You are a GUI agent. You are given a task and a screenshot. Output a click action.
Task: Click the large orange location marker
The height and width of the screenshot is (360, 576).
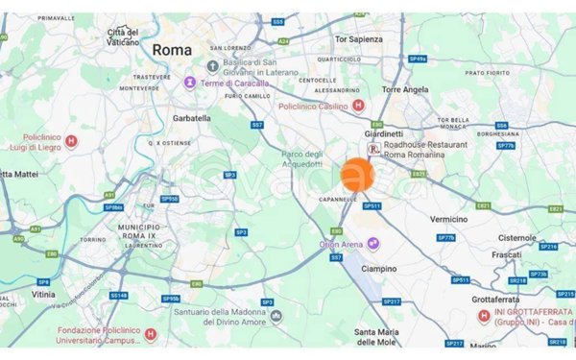[x=359, y=175]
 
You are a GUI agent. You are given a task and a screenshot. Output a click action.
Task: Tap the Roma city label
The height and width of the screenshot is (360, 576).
[x=172, y=49]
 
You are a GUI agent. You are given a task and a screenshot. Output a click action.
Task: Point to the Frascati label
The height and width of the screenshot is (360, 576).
[x=505, y=255]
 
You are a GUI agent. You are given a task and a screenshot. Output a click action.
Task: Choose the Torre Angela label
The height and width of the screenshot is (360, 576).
[x=404, y=89]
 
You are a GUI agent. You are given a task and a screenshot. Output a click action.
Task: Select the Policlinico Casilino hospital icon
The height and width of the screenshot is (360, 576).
[x=358, y=105]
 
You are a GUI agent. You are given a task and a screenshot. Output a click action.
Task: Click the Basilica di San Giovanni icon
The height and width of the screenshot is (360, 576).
[x=211, y=66]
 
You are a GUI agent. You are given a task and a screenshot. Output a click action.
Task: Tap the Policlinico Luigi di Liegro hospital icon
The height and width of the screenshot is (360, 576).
[x=70, y=141]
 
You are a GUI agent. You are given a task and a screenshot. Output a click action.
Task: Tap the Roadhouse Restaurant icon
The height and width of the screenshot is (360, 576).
[x=372, y=150]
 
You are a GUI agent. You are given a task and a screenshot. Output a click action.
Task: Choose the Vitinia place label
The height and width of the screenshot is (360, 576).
[x=43, y=296]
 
